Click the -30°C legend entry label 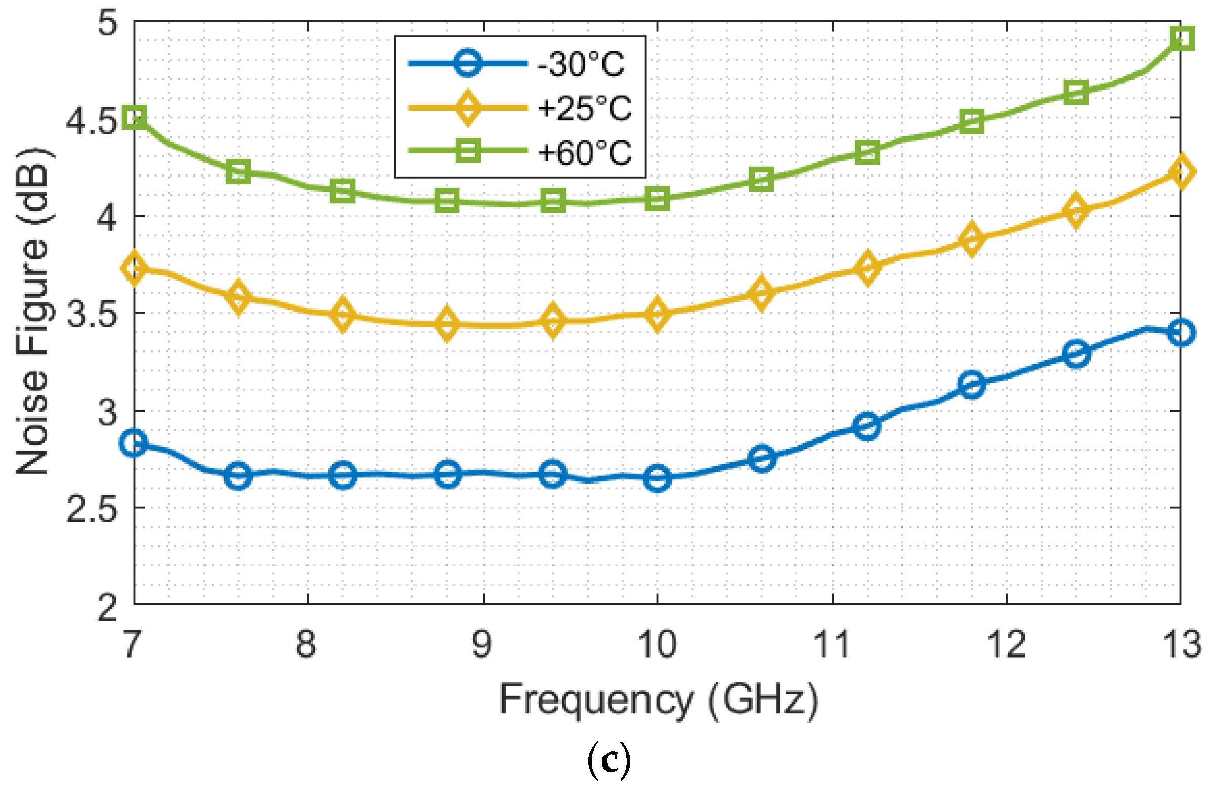pos(581,64)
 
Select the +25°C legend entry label pos(584,108)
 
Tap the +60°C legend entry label pos(584,152)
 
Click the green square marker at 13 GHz pos(1181,38)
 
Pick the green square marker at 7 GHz pos(135,117)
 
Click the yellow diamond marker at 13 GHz pos(1181,172)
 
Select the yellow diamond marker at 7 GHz pos(135,267)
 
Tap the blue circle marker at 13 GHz pos(1181,333)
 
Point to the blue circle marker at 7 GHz pos(135,443)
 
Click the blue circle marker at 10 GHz pos(657,477)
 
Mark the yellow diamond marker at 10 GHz pos(657,314)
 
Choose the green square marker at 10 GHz pos(657,199)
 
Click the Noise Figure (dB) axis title pos(32,312)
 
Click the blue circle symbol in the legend pos(467,63)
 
